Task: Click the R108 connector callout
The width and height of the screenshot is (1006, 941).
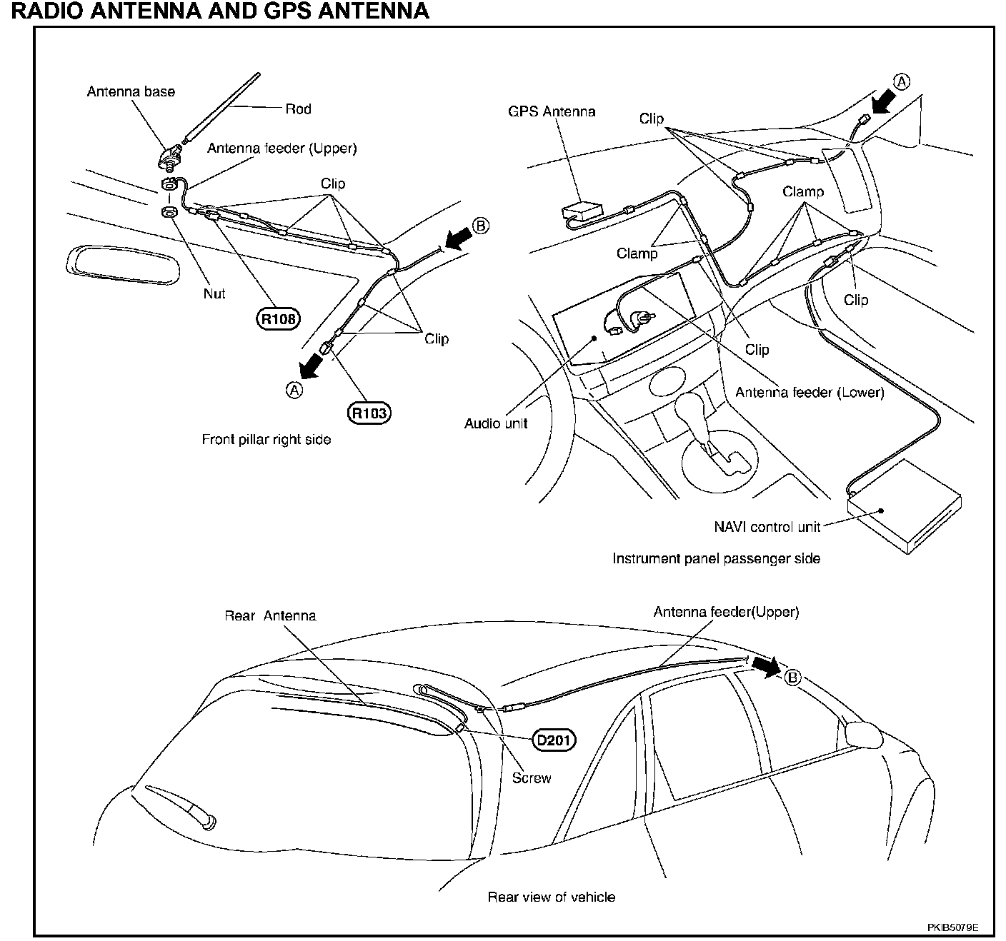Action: click(278, 319)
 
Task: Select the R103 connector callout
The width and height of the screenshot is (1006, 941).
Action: click(370, 413)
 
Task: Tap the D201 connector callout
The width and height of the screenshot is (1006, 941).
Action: click(554, 740)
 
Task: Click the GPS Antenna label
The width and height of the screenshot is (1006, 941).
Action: click(551, 111)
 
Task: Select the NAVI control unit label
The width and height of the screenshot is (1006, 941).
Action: click(767, 527)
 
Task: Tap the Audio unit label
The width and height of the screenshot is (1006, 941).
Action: click(496, 423)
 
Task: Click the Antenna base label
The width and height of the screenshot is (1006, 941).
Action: click(131, 91)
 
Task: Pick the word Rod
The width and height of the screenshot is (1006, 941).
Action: click(298, 109)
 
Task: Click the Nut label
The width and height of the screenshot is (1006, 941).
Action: click(214, 293)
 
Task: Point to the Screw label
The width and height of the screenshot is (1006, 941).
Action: click(532, 778)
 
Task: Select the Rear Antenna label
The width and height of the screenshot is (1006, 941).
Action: click(270, 615)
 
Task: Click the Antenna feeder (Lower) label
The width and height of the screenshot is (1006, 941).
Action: click(810, 392)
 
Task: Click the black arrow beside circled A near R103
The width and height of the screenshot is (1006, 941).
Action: click(312, 365)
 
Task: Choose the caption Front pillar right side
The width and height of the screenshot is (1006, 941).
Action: click(267, 440)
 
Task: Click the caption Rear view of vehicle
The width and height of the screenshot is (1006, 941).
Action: click(551, 897)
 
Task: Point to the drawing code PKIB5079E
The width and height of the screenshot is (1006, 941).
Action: click(952, 927)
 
